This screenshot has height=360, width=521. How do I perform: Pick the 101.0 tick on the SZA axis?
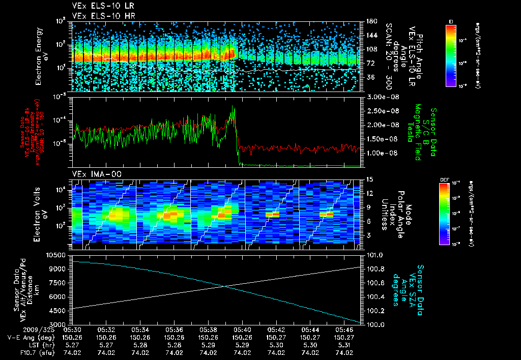pyautogui.click(x=369, y=254)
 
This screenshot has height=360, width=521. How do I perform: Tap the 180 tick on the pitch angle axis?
pyautogui.click(x=367, y=21)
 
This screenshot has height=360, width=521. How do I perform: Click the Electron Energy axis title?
pyautogui.click(x=41, y=56)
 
